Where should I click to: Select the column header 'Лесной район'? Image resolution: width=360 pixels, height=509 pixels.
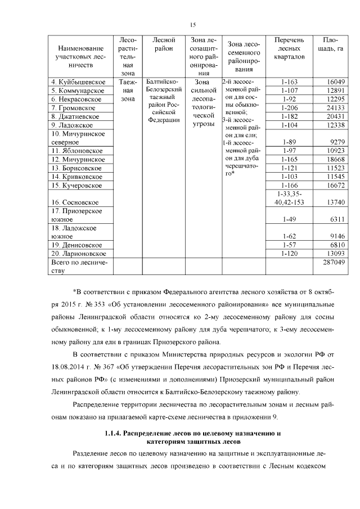click(164, 44)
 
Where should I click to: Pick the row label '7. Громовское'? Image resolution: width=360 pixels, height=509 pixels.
click(73, 107)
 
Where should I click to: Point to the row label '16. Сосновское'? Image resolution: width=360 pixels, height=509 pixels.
click(75, 202)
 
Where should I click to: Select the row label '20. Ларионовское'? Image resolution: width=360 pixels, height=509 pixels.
click(79, 254)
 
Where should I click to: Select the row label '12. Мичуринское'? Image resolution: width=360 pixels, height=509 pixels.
click(77, 160)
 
